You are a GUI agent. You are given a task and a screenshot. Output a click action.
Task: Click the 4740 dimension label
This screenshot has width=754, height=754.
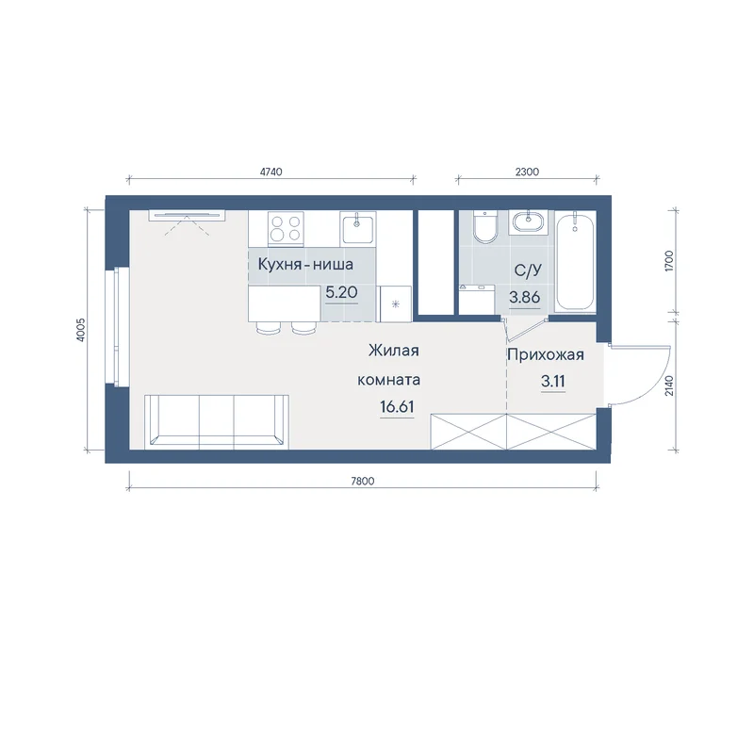point(270,172)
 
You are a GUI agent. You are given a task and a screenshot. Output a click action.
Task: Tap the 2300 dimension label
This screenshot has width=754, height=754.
point(527,172)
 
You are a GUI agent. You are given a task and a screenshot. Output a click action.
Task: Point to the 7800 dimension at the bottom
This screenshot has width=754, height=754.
point(363,481)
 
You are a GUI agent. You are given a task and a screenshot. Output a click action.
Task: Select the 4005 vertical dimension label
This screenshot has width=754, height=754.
point(81,330)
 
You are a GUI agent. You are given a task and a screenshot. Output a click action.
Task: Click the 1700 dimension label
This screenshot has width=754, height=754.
point(670,261)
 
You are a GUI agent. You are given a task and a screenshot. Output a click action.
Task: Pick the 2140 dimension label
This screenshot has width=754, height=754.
point(670,385)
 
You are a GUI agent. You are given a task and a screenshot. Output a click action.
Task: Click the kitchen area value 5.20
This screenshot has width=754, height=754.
point(341,292)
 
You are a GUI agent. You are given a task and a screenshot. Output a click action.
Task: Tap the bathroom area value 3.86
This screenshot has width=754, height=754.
point(525,297)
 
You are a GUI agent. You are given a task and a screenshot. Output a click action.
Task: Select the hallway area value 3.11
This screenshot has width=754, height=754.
point(553,382)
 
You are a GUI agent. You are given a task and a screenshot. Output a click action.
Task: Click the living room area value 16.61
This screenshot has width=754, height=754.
point(397,407)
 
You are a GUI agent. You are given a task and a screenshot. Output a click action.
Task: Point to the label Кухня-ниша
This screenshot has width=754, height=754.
point(305,265)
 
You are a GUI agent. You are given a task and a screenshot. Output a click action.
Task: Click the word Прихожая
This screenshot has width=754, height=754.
point(546,355)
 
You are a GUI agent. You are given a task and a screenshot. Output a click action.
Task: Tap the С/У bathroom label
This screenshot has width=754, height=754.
point(528,270)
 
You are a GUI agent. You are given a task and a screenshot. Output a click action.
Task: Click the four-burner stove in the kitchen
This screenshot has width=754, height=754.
point(286,228)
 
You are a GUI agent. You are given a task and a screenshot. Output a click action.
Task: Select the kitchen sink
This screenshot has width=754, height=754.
point(357,227)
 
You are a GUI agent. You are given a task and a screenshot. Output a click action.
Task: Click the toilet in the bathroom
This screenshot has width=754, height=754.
point(485,226)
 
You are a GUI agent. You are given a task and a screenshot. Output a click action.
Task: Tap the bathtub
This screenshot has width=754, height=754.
point(575,263)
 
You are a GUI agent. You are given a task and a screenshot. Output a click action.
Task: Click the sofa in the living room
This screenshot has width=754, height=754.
point(217,421)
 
